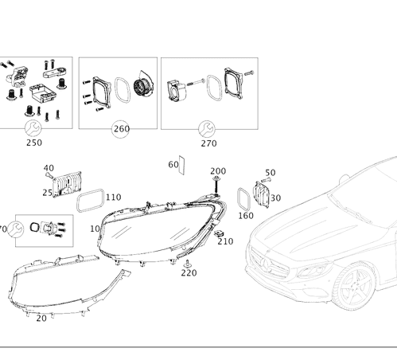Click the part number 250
point(34,143)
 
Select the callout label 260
point(121,129)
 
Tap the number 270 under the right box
point(208,144)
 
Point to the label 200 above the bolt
point(217,171)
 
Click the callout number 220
point(189,272)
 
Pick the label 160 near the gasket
point(246,215)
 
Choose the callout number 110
point(114,197)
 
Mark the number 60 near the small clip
point(173,164)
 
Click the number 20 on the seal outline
point(41,318)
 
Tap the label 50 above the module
point(270,173)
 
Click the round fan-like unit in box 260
point(144,84)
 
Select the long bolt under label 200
point(216,187)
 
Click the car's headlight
point(309,270)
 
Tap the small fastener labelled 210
point(220,234)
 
